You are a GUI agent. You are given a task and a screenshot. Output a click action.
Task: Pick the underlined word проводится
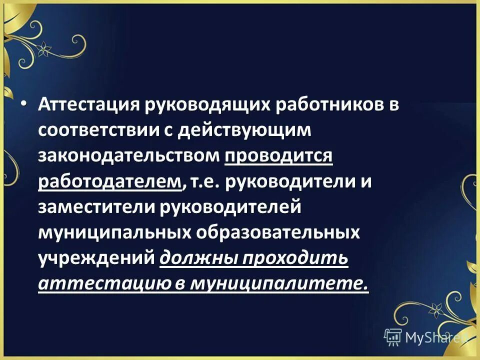pyautogui.click(x=278, y=156)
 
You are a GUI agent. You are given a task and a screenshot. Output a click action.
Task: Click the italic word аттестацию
pyautogui.click(x=103, y=284)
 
